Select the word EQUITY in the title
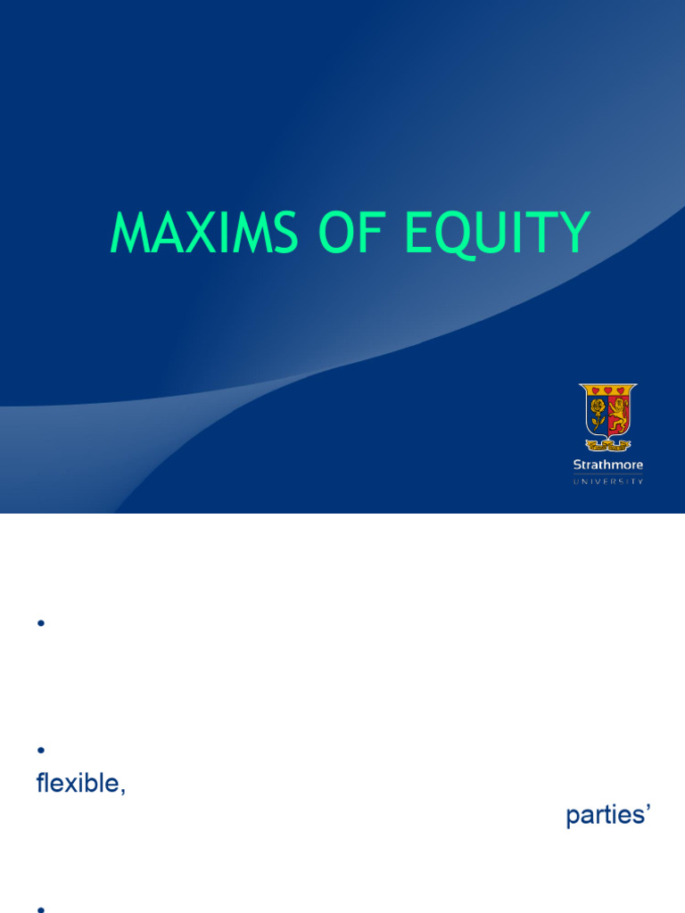point(497,234)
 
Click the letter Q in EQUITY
point(449,235)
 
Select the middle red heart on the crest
point(608,391)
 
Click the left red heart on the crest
point(593,391)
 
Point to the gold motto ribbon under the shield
point(608,444)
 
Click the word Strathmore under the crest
point(607,465)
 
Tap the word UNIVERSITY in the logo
point(607,481)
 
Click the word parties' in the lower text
point(607,816)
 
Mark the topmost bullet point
point(41,624)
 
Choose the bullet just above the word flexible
point(41,750)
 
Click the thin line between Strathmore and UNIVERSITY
point(607,473)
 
